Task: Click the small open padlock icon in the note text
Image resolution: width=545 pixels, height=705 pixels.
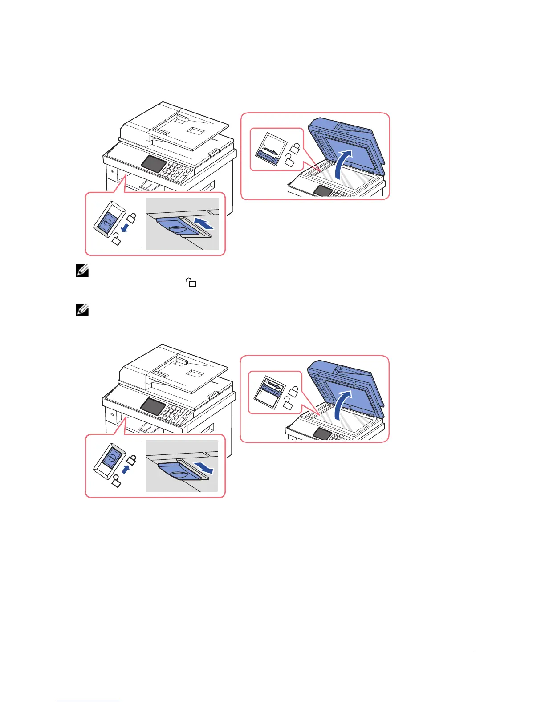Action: (x=191, y=282)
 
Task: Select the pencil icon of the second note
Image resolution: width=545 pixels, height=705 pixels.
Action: (x=82, y=310)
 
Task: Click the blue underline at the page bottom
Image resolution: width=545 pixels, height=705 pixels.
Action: (x=88, y=701)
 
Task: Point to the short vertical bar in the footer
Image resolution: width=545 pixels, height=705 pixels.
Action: (x=473, y=648)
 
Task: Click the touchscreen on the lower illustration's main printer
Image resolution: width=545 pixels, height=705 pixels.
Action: (x=152, y=406)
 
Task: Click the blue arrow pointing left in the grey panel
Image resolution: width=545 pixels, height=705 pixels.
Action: (x=207, y=223)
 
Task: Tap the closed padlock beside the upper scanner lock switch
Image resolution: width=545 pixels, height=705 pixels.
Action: (x=296, y=147)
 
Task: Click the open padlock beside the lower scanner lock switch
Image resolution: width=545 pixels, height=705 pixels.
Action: (x=288, y=404)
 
